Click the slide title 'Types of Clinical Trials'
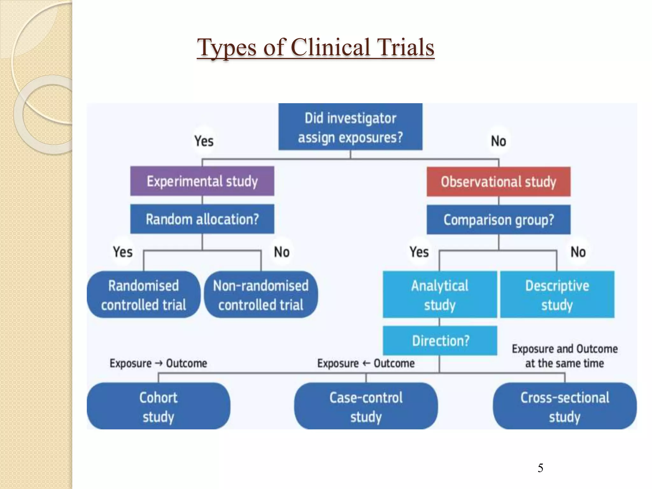click(x=315, y=47)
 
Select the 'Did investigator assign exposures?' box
click(x=350, y=127)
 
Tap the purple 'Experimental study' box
click(x=202, y=181)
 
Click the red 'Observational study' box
click(x=499, y=182)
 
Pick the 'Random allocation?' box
click(x=202, y=219)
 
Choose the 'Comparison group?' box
click(x=499, y=220)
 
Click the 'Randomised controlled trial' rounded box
click(x=143, y=295)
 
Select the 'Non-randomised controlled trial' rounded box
click(x=261, y=295)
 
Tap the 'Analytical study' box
click(x=440, y=295)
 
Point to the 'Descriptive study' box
click(x=557, y=295)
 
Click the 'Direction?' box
click(x=440, y=341)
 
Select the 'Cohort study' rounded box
click(x=158, y=407)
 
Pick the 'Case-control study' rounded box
click(x=366, y=407)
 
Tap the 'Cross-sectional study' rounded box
click(x=565, y=407)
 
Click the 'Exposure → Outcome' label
click(x=158, y=363)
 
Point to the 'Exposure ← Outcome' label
click(x=366, y=363)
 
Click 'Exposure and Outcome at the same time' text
click(x=564, y=356)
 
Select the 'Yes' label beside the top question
click(x=204, y=141)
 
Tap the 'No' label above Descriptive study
click(x=578, y=252)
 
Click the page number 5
click(x=540, y=468)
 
